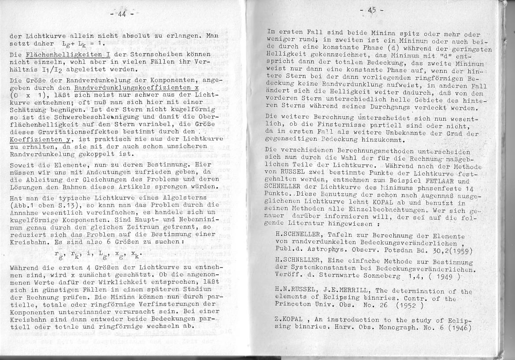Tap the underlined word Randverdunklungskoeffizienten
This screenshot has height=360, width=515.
tap(133, 87)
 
